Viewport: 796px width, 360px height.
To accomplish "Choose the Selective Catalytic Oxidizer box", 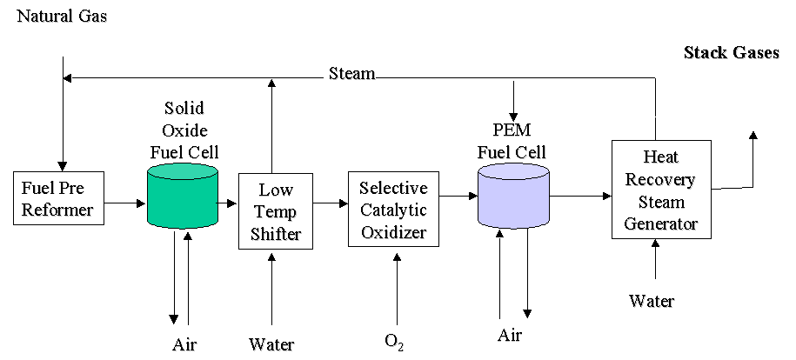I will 394,211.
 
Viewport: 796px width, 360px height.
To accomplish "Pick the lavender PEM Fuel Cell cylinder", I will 513,197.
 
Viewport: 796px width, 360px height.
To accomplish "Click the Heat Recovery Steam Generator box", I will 655,189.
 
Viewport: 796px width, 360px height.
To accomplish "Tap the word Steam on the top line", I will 351,74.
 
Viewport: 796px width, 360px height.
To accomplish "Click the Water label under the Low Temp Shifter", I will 272,344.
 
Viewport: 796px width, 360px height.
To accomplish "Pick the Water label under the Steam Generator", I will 652,301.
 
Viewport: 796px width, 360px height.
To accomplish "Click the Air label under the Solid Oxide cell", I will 184,344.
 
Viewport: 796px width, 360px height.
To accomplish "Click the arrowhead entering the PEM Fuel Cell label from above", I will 515,113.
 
